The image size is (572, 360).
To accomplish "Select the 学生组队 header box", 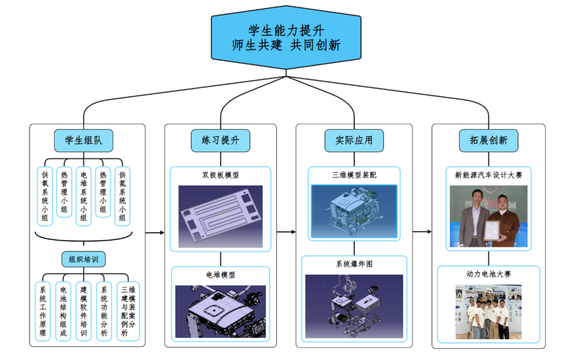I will pos(84,140).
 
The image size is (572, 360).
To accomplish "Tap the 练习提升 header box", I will pos(220,140).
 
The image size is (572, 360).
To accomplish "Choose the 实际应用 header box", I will pos(354,140).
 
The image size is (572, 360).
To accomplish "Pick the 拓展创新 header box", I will pos(488,140).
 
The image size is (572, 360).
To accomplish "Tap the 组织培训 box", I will pos(83,259).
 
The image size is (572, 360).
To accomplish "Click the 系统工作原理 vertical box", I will pos(43,311).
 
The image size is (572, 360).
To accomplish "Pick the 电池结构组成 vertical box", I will pos(63,311).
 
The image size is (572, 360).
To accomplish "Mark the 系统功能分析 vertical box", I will pos(104,311).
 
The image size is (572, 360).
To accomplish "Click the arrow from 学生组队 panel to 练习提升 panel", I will pos(155,232).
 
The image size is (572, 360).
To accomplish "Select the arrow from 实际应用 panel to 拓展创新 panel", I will pos(422,231).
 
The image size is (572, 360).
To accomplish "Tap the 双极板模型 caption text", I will pos(220,175).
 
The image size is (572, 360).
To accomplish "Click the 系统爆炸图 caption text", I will pos(354,264).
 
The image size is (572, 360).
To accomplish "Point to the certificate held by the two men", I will pos(492,231).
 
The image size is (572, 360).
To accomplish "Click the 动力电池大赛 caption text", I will pos(488,274).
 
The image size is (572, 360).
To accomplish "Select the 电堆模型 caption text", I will pos(220,275).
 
